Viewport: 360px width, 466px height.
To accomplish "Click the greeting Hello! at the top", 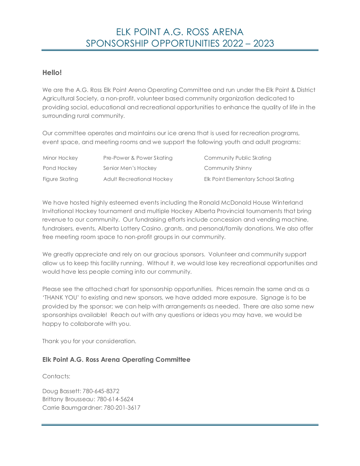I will (52, 73).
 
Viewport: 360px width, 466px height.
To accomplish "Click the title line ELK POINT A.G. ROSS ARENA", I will (180, 32).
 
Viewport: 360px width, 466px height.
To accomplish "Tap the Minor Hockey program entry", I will (60, 158).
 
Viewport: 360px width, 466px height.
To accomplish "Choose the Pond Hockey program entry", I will (60, 168).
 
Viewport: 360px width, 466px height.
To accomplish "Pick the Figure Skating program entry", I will (60, 179).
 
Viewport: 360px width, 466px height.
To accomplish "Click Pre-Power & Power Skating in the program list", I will (138, 158).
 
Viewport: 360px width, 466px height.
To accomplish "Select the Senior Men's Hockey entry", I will (130, 168).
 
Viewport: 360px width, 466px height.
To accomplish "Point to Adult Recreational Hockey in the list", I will (138, 179).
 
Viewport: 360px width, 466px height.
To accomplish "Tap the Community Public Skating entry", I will (237, 158).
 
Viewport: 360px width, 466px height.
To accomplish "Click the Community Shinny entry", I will (227, 168).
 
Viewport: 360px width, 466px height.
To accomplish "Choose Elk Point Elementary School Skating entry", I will (249, 179).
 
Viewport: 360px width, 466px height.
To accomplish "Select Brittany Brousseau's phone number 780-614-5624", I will (115, 399).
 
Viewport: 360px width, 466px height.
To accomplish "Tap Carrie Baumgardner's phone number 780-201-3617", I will (122, 408).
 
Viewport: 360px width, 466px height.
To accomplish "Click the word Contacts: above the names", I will (56, 376).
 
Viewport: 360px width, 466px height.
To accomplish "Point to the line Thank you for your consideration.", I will (89, 341).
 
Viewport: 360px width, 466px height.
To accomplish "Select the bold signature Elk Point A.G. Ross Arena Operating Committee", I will (116, 360).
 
